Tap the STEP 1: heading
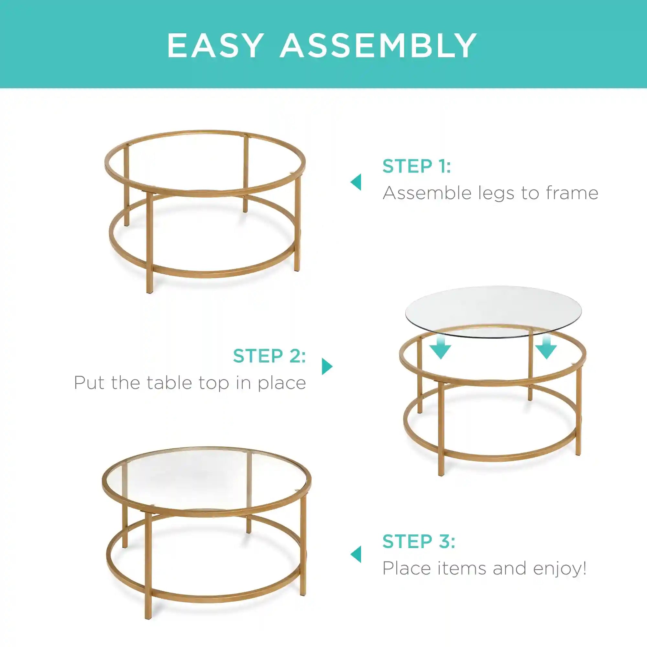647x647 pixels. (x=417, y=166)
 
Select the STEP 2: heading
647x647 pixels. (x=269, y=356)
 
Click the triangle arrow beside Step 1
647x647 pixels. (x=356, y=182)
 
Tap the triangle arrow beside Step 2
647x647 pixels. (x=327, y=367)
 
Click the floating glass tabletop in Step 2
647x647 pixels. (x=493, y=312)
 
